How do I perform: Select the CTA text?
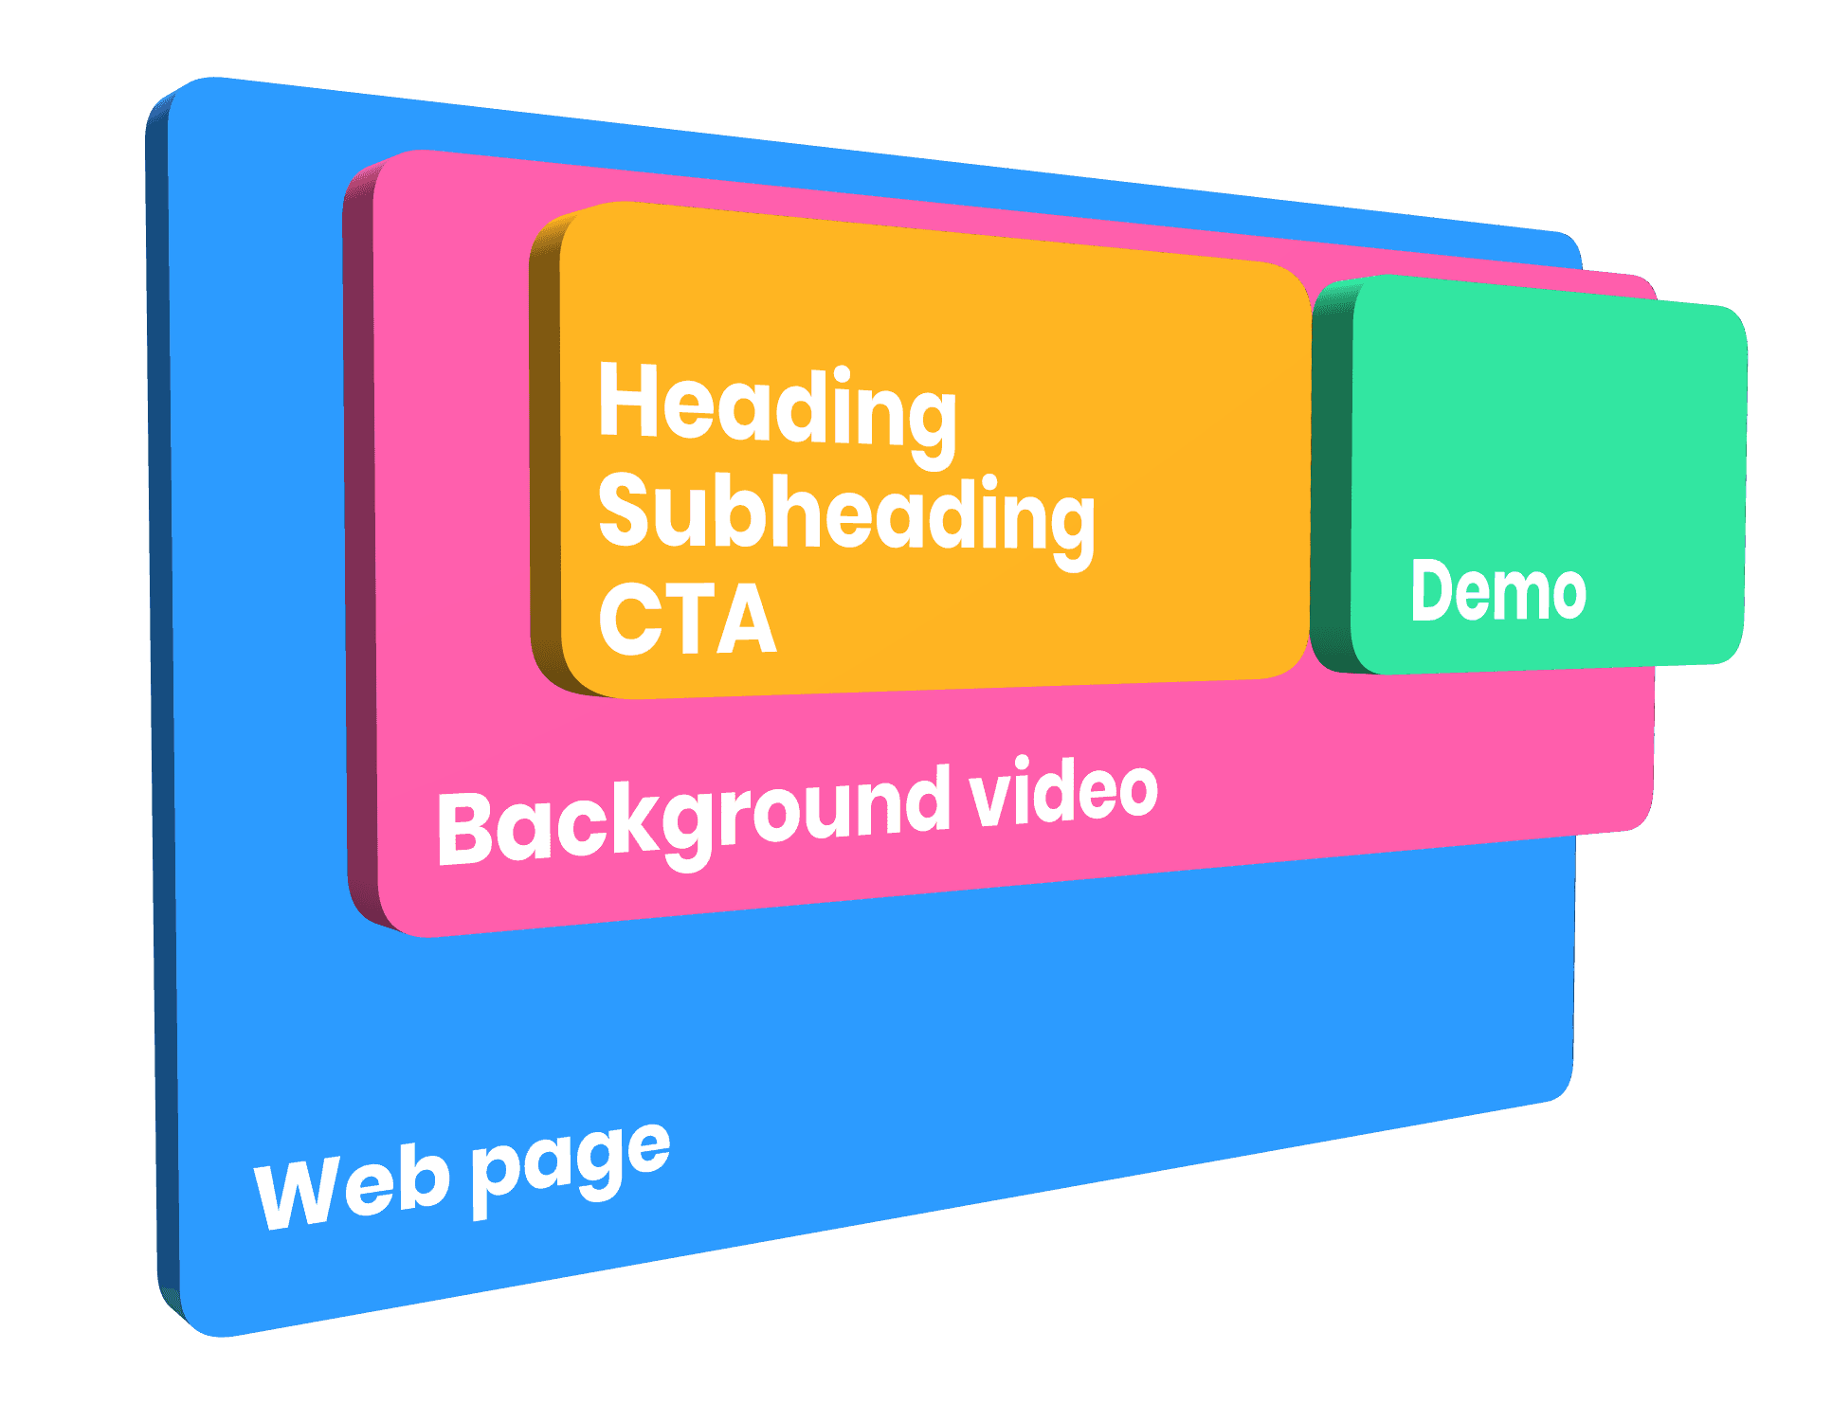pyautogui.click(x=688, y=619)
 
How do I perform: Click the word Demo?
pyautogui.click(x=1498, y=590)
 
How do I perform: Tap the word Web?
pyautogui.click(x=351, y=1189)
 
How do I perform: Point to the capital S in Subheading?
pyautogui.click(x=626, y=511)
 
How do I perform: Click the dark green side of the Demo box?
pyautogui.click(x=1332, y=474)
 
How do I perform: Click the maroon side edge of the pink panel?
pyautogui.click(x=360, y=540)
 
